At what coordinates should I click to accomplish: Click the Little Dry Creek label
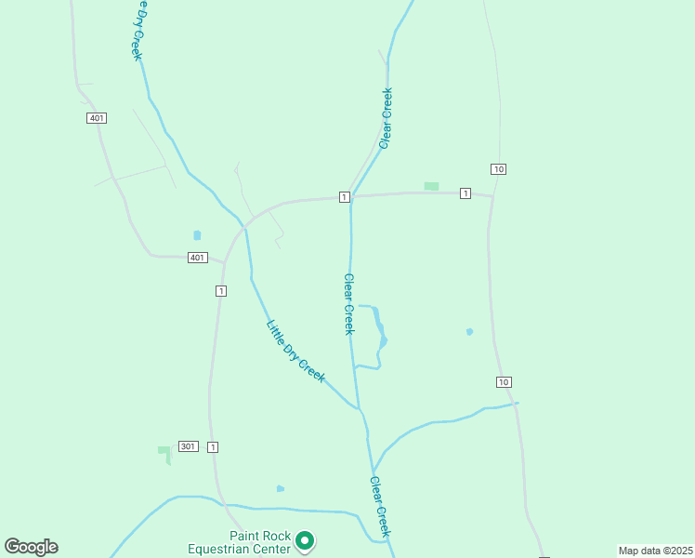click(295, 351)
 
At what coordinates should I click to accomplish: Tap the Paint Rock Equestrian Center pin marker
click(305, 540)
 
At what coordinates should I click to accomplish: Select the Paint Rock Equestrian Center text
click(246, 542)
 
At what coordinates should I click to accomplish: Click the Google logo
click(31, 547)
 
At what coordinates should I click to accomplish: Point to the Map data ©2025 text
click(655, 550)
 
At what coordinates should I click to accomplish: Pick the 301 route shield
click(189, 446)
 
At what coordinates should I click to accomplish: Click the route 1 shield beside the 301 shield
click(214, 447)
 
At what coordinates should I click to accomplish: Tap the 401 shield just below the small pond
click(196, 258)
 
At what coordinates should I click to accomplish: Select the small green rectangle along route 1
click(431, 186)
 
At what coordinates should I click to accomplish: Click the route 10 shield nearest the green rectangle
click(500, 168)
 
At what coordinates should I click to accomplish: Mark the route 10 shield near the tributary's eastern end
click(504, 382)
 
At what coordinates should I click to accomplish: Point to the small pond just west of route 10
click(469, 331)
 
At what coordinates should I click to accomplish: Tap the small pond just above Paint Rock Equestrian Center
click(280, 488)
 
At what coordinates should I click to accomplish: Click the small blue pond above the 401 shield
click(196, 235)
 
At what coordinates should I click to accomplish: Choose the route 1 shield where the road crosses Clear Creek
click(344, 196)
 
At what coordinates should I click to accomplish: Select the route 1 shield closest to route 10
click(465, 193)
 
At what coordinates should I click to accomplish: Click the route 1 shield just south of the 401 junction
click(220, 291)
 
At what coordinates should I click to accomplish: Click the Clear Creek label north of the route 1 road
click(386, 117)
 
